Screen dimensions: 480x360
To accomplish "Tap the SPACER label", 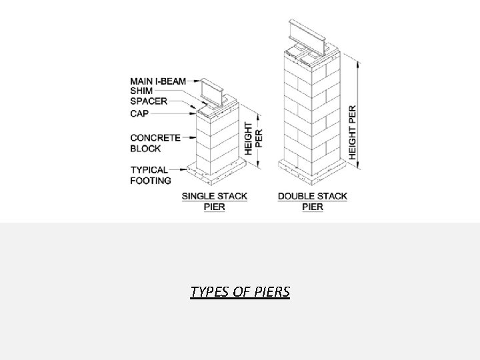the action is pyautogui.click(x=149, y=102).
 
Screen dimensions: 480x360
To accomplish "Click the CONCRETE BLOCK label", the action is pyautogui.click(x=155, y=143).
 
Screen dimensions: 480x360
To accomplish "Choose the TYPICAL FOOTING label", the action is pyautogui.click(x=151, y=175).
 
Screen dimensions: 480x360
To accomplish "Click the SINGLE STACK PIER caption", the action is pyautogui.click(x=215, y=201).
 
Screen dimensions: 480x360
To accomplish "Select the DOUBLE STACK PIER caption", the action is pyautogui.click(x=313, y=201).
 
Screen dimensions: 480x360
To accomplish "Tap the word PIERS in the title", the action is pyautogui.click(x=273, y=292).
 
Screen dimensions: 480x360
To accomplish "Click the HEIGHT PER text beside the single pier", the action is pyautogui.click(x=254, y=139).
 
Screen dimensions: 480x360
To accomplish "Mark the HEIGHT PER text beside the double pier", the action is pyautogui.click(x=353, y=131).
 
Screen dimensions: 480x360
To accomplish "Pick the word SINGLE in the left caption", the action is pyautogui.click(x=198, y=197).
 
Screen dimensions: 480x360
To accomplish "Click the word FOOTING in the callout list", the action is pyautogui.click(x=151, y=180).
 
